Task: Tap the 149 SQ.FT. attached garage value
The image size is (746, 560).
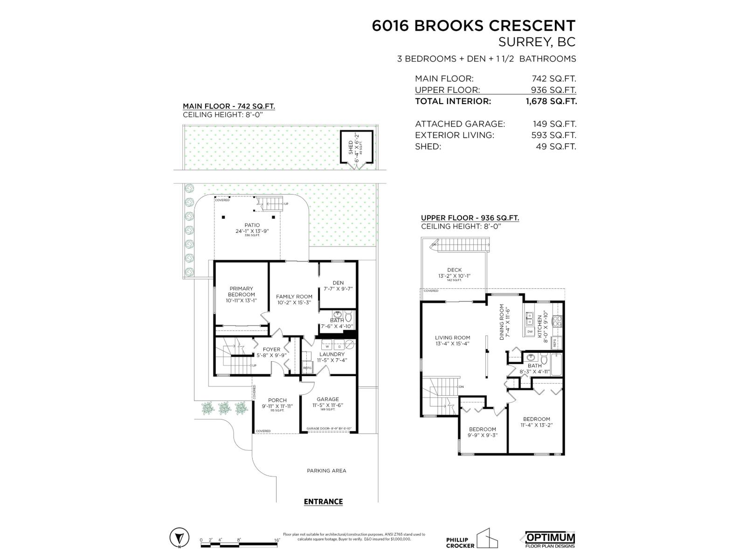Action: click(x=554, y=124)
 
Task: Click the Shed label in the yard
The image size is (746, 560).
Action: click(x=351, y=147)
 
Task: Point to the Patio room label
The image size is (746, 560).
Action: click(x=252, y=225)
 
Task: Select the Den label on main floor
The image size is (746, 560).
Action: click(x=338, y=283)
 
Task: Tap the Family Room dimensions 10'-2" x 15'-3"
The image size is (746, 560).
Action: click(x=294, y=302)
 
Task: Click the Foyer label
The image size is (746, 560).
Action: click(x=271, y=349)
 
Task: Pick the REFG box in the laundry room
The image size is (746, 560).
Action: click(x=307, y=367)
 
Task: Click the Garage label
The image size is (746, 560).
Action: click(x=328, y=399)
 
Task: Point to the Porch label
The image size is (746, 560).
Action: click(x=277, y=400)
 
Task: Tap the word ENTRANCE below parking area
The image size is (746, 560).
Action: click(x=323, y=502)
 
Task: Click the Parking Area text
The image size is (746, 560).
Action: click(x=326, y=471)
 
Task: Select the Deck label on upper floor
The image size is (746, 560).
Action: click(x=454, y=270)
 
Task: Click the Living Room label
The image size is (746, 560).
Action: click(x=452, y=337)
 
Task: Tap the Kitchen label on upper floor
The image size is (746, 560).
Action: click(x=540, y=326)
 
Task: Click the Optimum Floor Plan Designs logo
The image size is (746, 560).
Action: click(x=550, y=539)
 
